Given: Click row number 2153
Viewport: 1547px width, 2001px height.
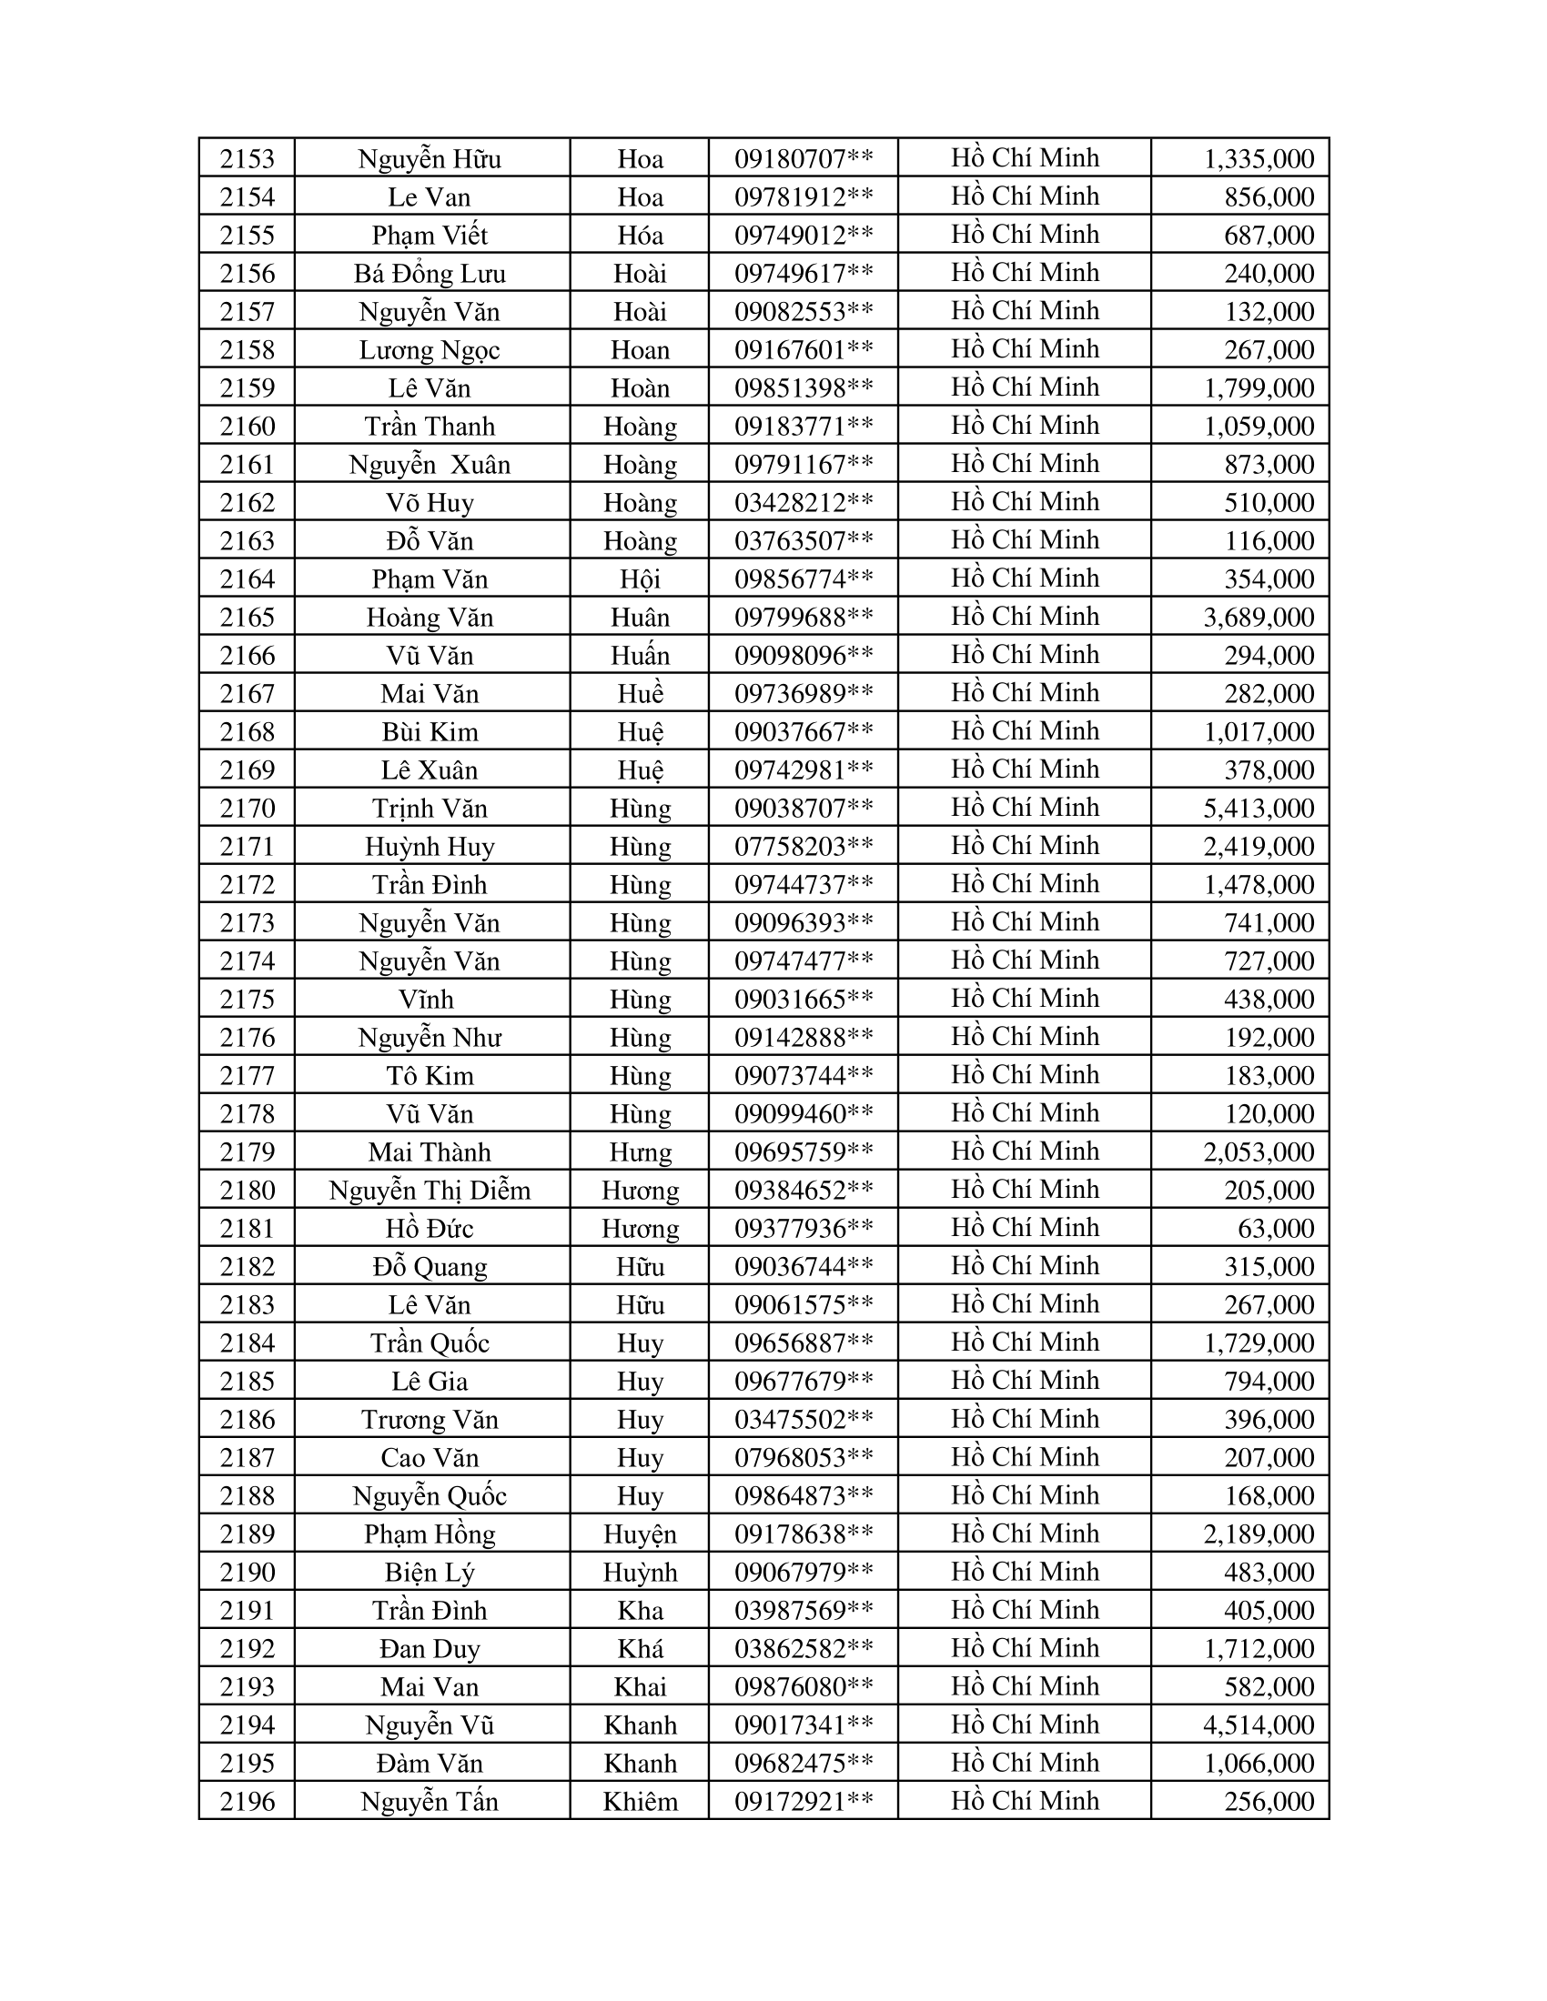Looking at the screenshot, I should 248,158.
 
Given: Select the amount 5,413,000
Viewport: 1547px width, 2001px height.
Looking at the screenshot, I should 1259,808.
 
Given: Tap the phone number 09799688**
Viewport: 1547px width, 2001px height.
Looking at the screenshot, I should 803,617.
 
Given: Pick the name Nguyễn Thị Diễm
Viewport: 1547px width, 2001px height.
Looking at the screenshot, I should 430,1191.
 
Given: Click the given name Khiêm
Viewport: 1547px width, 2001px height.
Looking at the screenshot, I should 640,1801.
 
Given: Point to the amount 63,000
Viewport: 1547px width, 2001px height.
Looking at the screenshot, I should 1276,1228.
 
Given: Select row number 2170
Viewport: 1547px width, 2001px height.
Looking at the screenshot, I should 248,808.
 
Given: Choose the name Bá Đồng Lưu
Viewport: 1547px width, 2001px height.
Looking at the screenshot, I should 430,273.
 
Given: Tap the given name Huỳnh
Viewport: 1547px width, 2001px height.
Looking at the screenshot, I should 640,1573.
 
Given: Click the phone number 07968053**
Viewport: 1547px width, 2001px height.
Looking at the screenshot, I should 803,1457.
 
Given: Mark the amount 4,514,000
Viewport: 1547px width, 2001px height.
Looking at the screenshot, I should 1259,1724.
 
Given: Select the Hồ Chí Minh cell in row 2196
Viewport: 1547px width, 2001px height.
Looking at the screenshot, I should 1025,1800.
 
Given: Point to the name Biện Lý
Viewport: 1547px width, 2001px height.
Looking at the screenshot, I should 430,1573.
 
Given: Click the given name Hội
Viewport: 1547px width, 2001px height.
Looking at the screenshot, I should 640,579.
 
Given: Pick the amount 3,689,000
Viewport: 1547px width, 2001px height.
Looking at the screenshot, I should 1259,617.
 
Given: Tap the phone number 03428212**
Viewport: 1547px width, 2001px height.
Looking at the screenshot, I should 803,502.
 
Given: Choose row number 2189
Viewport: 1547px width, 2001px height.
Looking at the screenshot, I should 248,1533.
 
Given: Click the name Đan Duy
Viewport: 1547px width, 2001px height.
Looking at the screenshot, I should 430,1648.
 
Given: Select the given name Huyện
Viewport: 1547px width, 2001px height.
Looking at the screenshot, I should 640,1533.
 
